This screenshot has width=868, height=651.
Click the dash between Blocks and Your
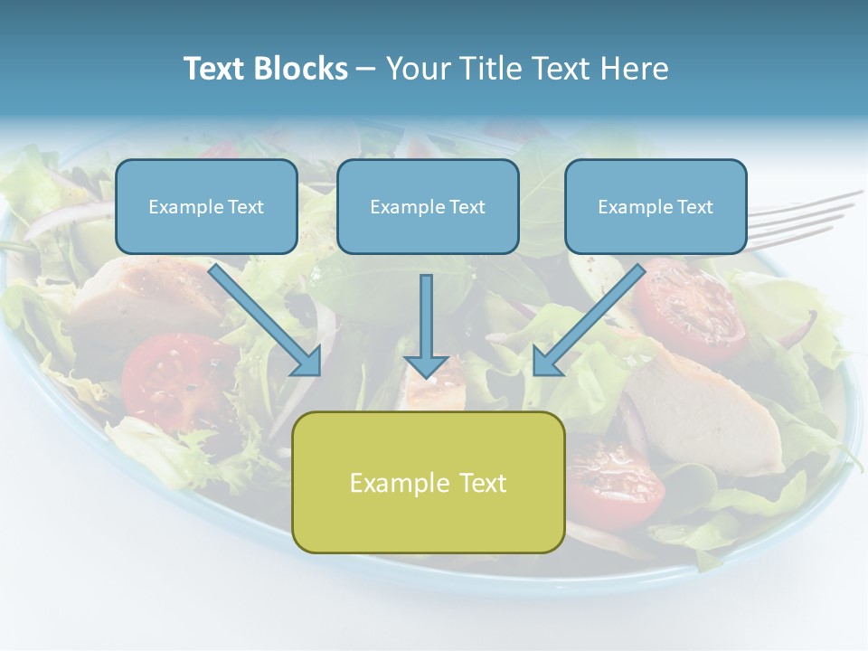[366, 70]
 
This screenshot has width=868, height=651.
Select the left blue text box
[206, 206]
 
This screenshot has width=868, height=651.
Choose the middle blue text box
[428, 206]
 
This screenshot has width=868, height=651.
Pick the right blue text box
[656, 206]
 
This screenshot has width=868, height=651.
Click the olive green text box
[428, 482]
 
